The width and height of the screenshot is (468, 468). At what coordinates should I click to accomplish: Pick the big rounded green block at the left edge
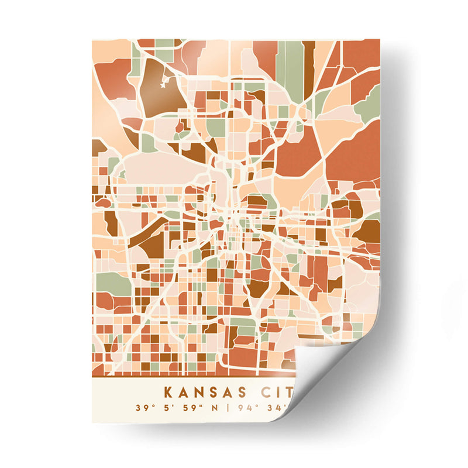[x=112, y=284]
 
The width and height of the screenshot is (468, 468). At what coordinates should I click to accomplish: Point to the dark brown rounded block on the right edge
[x=367, y=231]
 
